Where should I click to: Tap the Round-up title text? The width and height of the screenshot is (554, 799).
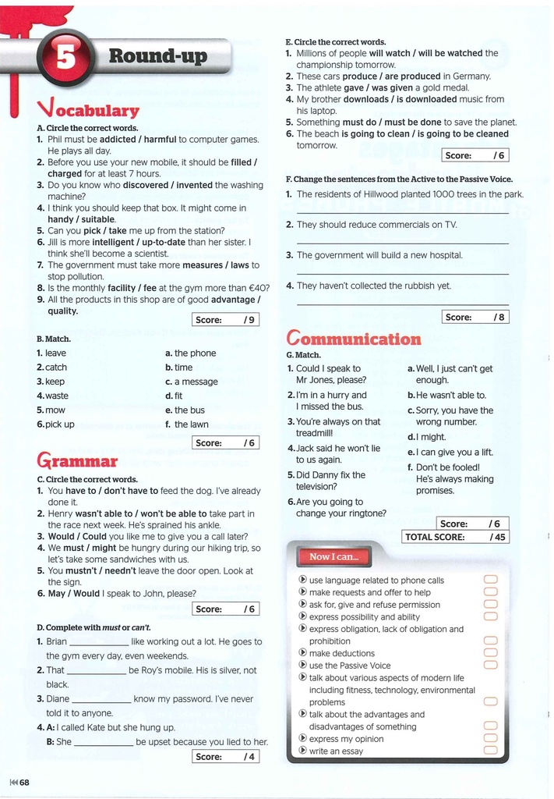(157, 56)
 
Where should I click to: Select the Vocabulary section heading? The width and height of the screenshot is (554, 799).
(87, 109)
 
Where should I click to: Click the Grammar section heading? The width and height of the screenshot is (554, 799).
(76, 460)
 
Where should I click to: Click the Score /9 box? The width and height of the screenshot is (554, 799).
(225, 319)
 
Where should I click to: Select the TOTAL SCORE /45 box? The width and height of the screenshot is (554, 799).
(456, 537)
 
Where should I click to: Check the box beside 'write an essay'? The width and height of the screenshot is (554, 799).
(490, 751)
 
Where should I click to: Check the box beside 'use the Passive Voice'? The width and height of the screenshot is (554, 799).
(490, 666)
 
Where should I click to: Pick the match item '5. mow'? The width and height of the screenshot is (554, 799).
(51, 410)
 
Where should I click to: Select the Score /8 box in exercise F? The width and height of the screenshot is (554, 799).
(475, 317)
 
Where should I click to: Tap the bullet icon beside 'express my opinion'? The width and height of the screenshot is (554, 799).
(303, 738)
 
